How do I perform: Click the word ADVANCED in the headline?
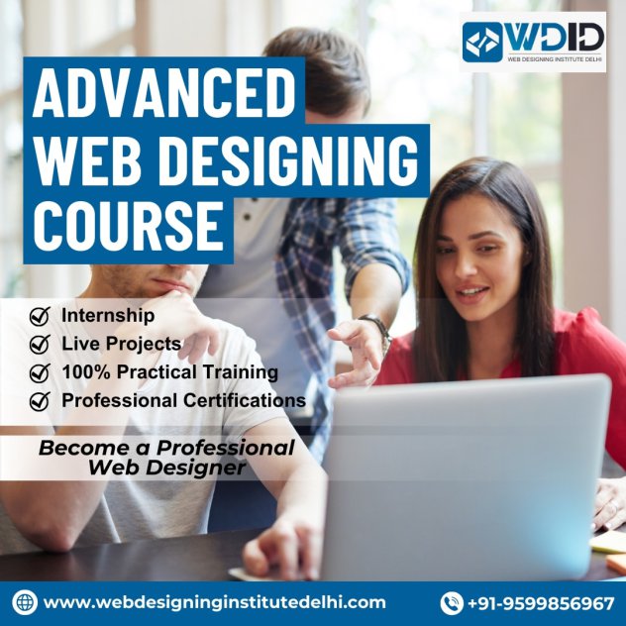164,93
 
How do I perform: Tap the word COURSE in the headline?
129,226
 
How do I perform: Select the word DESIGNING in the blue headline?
291,160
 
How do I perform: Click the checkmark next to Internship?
40,316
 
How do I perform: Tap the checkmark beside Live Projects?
40,344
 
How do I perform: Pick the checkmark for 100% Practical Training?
40,372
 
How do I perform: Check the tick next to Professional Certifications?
40,401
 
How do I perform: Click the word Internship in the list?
108,315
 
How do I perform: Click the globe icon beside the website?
25,602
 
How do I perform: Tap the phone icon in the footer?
452,603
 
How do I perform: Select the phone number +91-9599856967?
541,603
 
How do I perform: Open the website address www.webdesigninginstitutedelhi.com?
215,602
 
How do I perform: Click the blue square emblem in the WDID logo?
482,42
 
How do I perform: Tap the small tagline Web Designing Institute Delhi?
555,59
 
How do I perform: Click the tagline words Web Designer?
166,468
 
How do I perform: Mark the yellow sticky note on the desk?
608,544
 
